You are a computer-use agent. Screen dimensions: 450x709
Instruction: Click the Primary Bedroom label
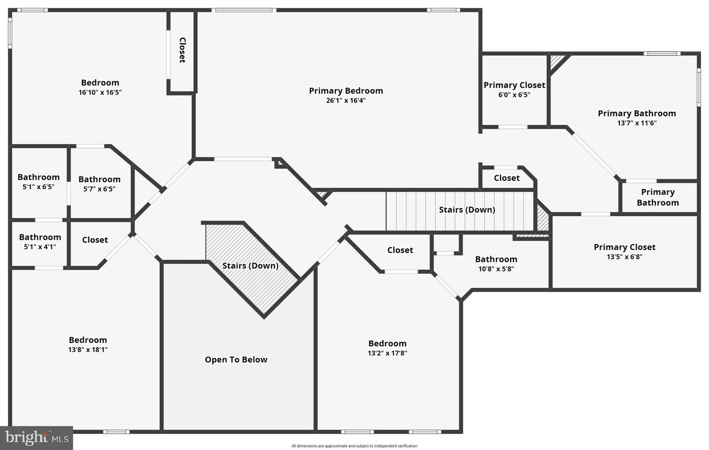coord(346,91)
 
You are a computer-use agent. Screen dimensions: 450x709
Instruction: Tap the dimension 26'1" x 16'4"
coord(346,100)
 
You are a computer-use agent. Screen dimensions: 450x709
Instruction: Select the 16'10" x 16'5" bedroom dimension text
coord(100,92)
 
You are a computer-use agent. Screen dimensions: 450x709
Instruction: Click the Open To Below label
coord(236,359)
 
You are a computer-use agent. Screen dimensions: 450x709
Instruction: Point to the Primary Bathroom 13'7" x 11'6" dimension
coord(637,123)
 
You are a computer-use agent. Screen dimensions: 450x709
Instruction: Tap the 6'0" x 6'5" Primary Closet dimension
coord(514,95)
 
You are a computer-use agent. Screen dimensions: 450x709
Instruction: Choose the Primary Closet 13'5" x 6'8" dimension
coord(624,257)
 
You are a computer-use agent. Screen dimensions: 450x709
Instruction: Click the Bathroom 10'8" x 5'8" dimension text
coord(496,269)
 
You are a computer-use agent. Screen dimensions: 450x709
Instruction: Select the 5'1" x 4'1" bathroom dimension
coord(40,247)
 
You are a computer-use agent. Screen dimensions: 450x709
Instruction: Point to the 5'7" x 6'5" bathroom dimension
coord(99,189)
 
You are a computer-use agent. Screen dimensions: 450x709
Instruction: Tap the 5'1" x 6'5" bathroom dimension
coord(38,187)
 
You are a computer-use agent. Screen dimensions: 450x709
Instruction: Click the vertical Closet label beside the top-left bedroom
coord(182,50)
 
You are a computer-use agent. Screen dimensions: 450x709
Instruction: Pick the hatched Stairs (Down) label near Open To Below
coord(250,265)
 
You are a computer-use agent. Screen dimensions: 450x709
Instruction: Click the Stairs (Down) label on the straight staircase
coord(467,210)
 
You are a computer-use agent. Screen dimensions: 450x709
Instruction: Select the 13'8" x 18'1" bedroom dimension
coord(88,350)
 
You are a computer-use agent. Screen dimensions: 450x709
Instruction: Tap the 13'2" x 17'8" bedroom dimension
coord(387,353)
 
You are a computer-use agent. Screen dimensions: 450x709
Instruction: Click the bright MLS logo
coord(36,437)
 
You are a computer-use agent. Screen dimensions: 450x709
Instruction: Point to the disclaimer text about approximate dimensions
coord(354,446)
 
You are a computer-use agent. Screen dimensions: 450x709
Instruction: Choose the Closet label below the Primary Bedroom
coord(507,178)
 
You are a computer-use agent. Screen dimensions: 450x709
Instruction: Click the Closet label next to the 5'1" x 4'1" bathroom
coord(95,240)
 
